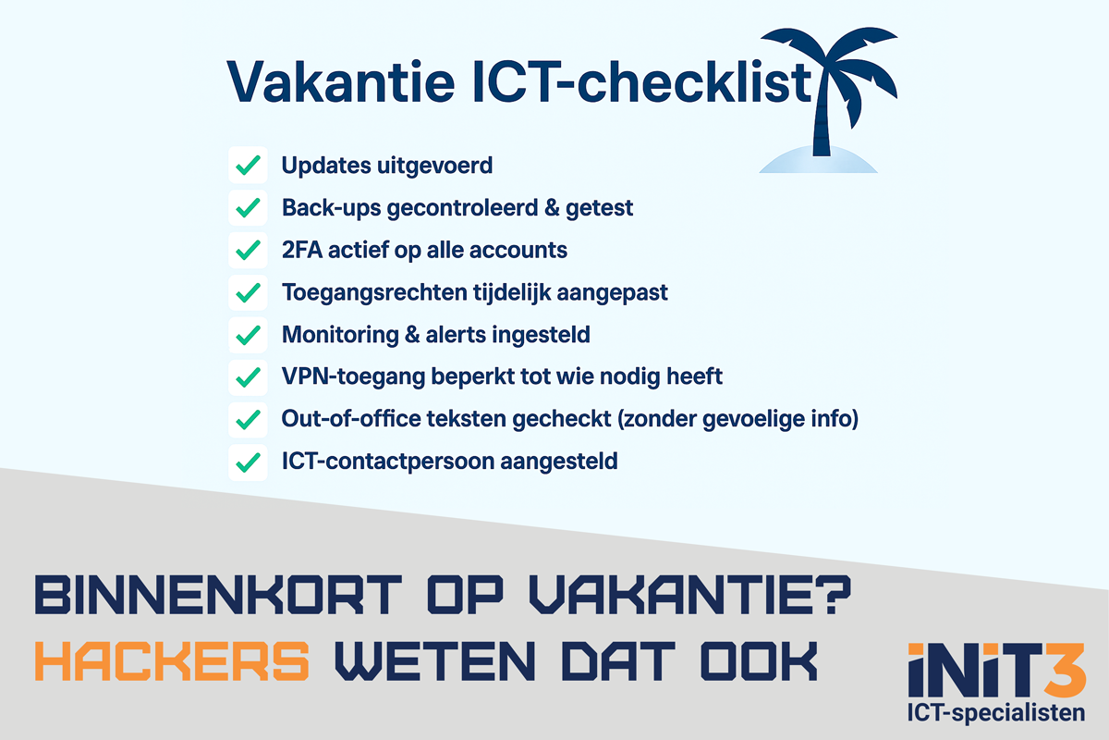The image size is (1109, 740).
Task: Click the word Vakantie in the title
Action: (x=341, y=82)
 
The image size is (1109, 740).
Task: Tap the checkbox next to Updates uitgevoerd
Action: (x=248, y=165)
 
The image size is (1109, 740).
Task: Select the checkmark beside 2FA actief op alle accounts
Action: (x=248, y=250)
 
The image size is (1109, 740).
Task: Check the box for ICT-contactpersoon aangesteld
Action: (x=248, y=462)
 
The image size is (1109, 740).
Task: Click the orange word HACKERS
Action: (x=172, y=660)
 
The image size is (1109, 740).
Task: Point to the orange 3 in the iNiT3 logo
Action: (x=1065, y=670)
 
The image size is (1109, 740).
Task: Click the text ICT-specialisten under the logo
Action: (x=996, y=713)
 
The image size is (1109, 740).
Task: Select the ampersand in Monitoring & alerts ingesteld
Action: (x=412, y=335)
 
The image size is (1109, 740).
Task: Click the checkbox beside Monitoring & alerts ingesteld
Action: (x=248, y=335)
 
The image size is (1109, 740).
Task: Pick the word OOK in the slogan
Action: (x=759, y=660)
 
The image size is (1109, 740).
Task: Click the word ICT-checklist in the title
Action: (x=642, y=82)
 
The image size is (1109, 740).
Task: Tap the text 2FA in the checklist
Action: (x=302, y=250)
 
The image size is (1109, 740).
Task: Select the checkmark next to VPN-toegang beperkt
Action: (x=248, y=377)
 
